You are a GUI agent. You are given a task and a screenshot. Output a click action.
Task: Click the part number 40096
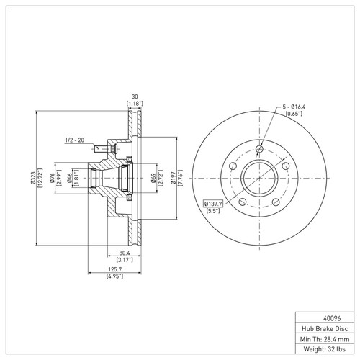pyautogui.click(x=332, y=318)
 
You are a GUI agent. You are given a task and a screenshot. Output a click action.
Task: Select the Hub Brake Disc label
pyautogui.click(x=325, y=328)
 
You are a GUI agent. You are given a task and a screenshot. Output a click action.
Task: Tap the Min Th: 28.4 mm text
pyautogui.click(x=325, y=339)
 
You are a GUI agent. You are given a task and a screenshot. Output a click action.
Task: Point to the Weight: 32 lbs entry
pyautogui.click(x=325, y=349)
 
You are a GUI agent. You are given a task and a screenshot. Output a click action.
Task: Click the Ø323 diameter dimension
pyautogui.click(x=33, y=178)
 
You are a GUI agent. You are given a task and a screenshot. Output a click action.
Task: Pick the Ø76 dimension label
pyautogui.click(x=52, y=178)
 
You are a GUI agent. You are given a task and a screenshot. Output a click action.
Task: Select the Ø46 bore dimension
pyautogui.click(x=70, y=178)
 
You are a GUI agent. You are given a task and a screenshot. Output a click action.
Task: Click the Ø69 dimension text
pyautogui.click(x=154, y=178)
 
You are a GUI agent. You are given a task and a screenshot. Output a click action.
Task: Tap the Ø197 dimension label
pyautogui.click(x=174, y=178)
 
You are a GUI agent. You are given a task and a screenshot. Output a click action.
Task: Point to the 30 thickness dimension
pyautogui.click(x=135, y=96)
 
